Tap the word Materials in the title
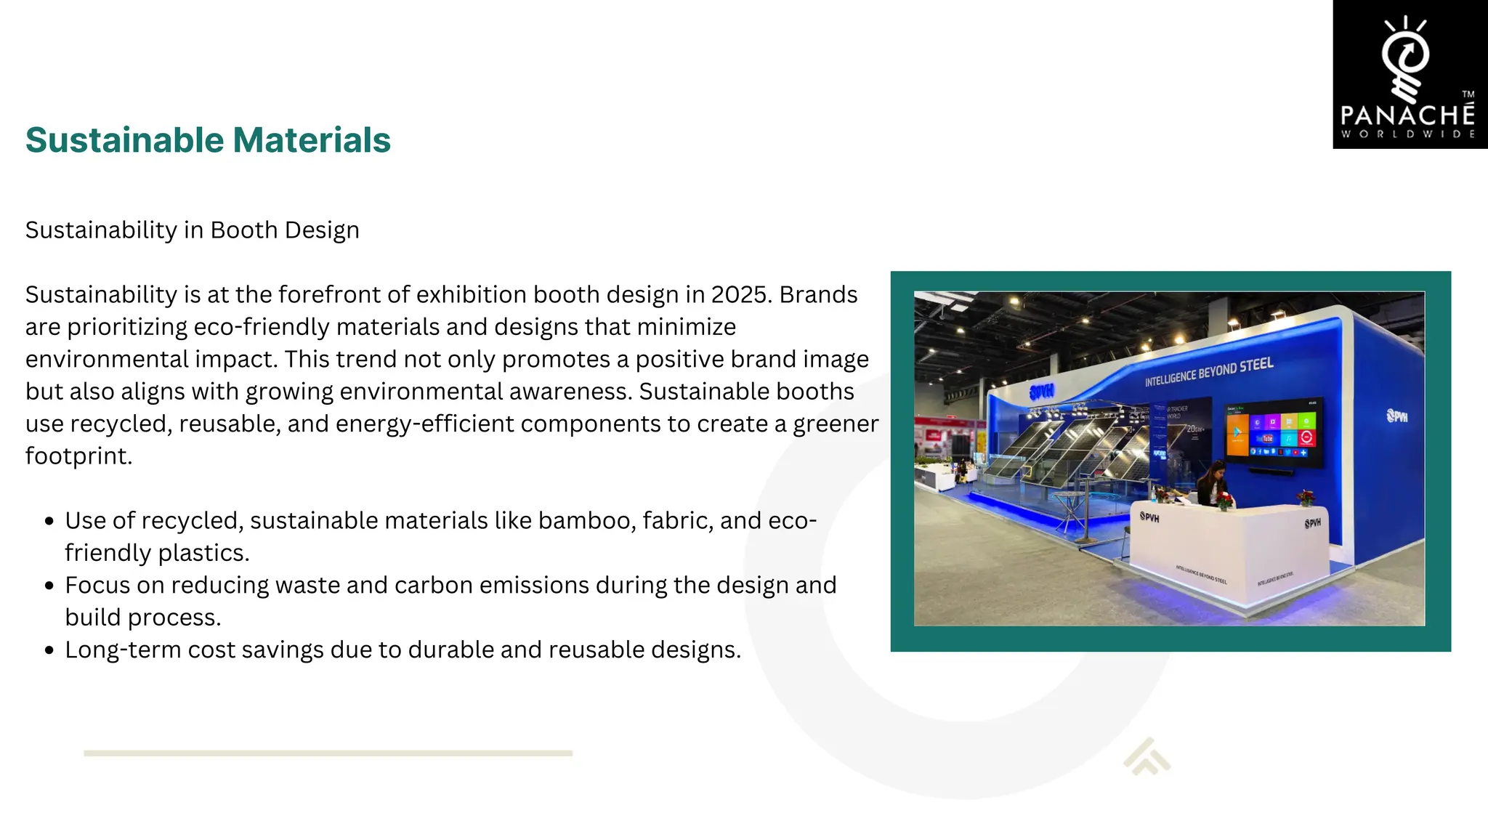312,140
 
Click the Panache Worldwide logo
1409,75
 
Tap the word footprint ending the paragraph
78,456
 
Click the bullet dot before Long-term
49,650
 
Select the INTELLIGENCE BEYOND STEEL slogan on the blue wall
1209,371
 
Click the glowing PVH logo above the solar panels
1041,392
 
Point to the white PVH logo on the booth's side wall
1396,416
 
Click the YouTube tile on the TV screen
1268,439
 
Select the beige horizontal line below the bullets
328,753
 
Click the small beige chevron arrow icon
1147,757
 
